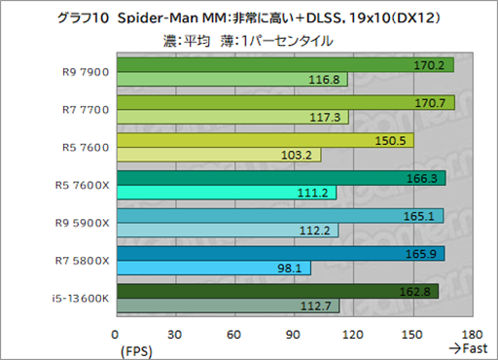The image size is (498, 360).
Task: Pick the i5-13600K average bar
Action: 276,290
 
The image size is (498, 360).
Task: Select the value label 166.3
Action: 421,178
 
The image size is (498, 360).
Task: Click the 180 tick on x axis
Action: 473,333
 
